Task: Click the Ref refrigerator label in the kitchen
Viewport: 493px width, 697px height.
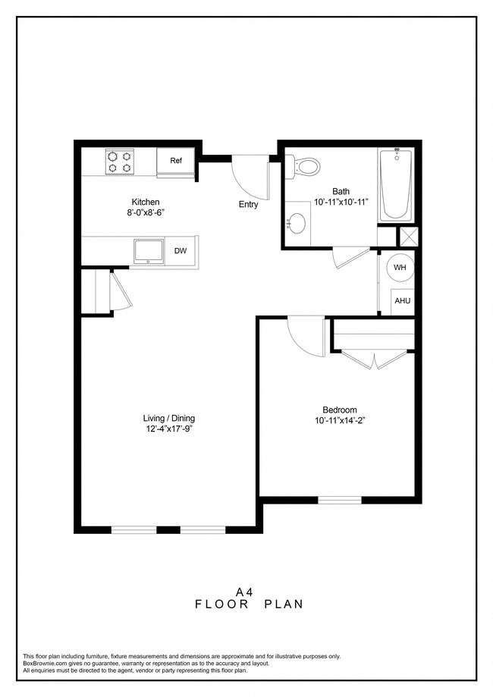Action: (176, 161)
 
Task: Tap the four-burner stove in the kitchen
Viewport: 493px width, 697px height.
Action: (119, 162)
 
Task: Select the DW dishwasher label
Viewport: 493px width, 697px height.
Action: (180, 251)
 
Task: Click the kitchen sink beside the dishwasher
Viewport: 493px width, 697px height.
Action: (147, 250)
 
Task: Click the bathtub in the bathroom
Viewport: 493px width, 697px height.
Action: (396, 184)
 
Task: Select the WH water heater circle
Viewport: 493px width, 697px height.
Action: (400, 268)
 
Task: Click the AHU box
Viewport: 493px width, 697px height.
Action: (402, 301)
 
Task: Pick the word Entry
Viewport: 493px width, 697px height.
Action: (248, 204)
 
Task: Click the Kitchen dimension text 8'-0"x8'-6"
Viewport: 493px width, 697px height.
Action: (146, 213)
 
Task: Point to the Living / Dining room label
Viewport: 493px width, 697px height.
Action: (168, 419)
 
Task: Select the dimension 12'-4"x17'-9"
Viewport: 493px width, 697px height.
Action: (168, 430)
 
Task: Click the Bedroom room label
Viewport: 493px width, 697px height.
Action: (340, 410)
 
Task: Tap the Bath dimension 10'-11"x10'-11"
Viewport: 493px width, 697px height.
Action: (341, 203)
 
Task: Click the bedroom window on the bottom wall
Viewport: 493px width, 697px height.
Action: (339, 499)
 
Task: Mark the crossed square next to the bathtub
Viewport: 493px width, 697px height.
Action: (408, 237)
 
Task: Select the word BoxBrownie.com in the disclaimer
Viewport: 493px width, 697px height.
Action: (45, 664)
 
